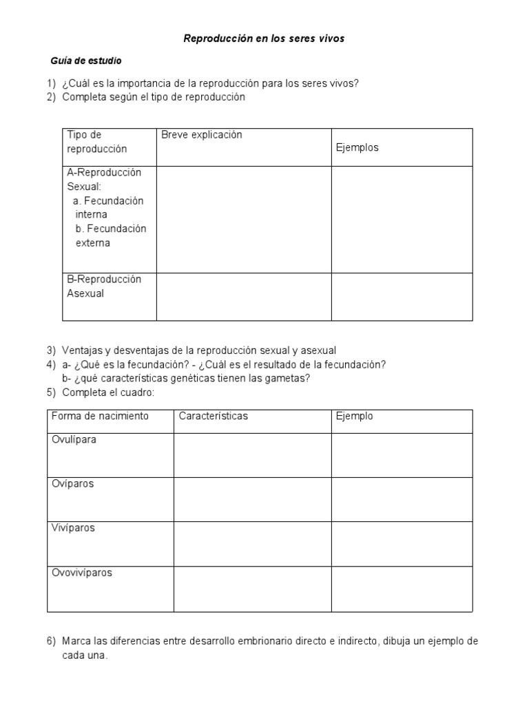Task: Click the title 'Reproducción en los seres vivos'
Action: click(x=264, y=39)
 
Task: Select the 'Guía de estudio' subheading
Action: click(x=87, y=61)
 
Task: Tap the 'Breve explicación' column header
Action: click(x=202, y=135)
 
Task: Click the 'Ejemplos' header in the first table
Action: click(x=357, y=147)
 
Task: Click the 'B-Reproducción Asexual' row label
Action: click(x=104, y=286)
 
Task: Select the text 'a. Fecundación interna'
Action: click(x=108, y=207)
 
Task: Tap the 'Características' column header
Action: click(x=214, y=417)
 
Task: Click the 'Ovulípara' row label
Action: click(x=74, y=440)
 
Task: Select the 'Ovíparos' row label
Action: click(x=73, y=484)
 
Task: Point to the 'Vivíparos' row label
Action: click(x=74, y=528)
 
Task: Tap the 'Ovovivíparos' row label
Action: click(x=82, y=572)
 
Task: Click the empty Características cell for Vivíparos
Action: click(x=252, y=544)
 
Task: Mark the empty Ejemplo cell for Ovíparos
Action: click(x=402, y=499)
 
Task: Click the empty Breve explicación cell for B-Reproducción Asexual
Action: click(x=244, y=297)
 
